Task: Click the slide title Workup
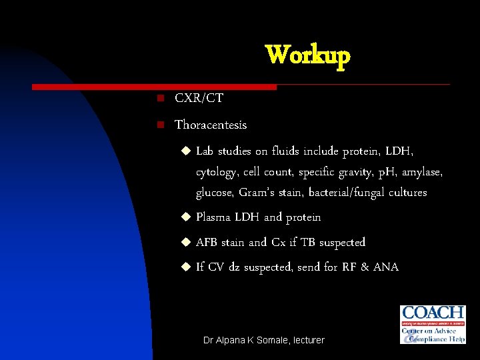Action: click(x=307, y=56)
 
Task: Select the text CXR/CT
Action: click(x=199, y=99)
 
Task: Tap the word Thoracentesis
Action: click(x=211, y=125)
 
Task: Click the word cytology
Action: click(x=216, y=173)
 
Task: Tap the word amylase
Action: click(x=421, y=173)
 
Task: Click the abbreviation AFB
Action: click(x=207, y=242)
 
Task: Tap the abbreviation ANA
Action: click(x=385, y=267)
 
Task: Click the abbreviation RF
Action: click(x=350, y=267)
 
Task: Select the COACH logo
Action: click(x=433, y=324)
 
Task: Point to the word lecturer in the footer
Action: click(x=307, y=340)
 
